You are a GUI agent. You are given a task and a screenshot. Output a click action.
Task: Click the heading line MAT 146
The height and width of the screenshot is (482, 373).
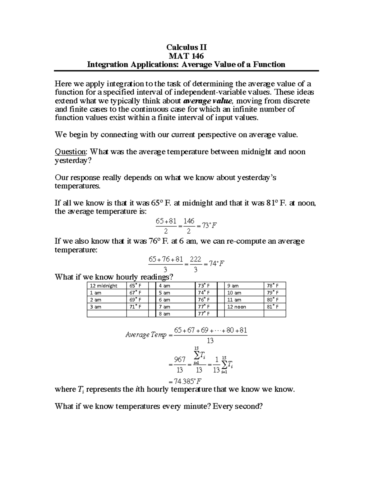point(186,56)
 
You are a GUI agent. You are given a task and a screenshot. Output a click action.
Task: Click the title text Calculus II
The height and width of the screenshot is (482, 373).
point(186,47)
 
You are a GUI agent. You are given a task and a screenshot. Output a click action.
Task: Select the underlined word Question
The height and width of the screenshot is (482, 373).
point(70,152)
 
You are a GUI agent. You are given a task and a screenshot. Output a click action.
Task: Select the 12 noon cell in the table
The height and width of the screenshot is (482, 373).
point(237,307)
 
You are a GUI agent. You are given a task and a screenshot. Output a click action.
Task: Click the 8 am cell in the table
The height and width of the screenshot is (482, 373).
point(164,314)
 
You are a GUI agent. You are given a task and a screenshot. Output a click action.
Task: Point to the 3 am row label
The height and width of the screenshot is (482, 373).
point(96,307)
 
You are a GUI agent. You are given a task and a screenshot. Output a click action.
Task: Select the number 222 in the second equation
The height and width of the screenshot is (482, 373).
point(196,259)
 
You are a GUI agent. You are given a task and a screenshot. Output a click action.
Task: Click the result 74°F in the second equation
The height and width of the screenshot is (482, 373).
point(216,264)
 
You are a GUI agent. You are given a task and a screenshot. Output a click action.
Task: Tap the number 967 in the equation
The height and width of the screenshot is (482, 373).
point(180,359)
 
